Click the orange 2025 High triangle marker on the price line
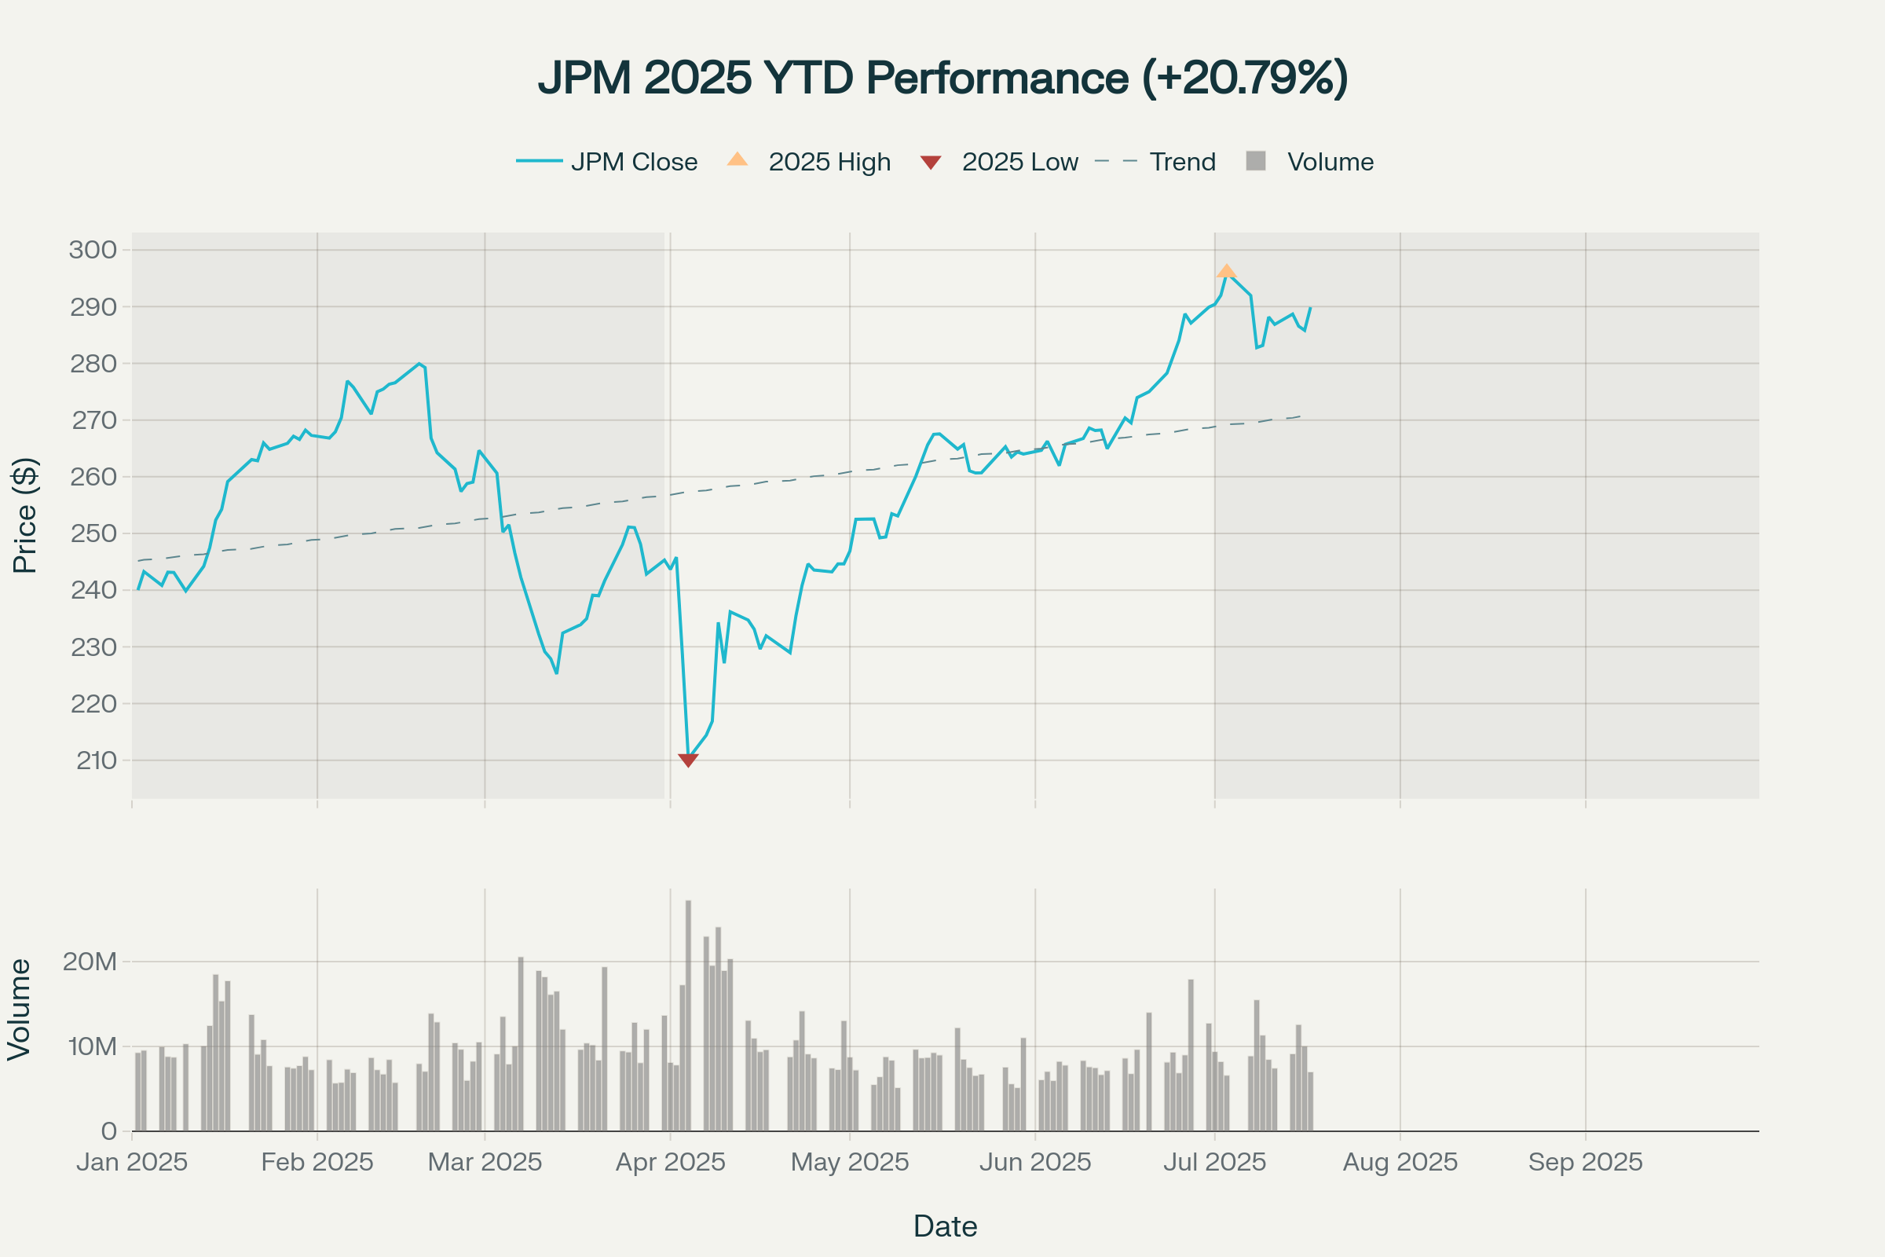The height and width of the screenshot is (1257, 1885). pos(1226,271)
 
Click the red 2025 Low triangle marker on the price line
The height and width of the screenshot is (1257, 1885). pos(688,760)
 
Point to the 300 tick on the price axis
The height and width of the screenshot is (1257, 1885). pos(93,249)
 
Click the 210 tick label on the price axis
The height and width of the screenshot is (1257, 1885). pos(96,760)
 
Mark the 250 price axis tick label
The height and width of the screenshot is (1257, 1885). pos(93,533)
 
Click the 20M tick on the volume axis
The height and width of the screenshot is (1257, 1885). pos(90,961)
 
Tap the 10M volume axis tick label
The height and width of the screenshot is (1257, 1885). pos(92,1046)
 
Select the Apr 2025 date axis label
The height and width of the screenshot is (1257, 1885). pos(670,1162)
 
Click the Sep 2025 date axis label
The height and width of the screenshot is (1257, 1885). pos(1585,1162)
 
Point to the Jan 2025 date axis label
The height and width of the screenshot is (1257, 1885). pos(132,1162)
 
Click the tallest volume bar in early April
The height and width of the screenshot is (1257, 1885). pos(688,1015)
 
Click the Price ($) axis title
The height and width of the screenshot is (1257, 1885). pos(25,515)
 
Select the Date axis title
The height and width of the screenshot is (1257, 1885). pos(945,1226)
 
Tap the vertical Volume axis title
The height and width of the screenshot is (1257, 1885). pos(19,1010)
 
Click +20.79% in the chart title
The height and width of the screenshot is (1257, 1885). pos(1245,78)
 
